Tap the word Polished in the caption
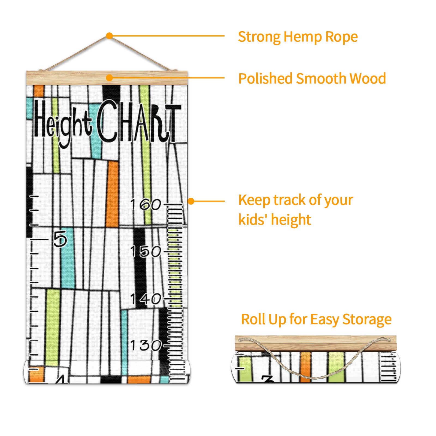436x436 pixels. pos(265,79)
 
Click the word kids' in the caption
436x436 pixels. pos(254,220)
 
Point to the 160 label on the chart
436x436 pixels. pos(146,204)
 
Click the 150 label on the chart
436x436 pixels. pos(146,251)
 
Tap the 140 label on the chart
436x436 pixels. pos(146,299)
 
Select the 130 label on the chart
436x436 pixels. pos(146,345)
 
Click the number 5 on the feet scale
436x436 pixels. pos(60,239)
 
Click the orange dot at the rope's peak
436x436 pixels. pos(110,36)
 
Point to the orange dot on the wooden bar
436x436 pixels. pos(110,78)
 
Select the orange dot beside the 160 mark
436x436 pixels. pos(191,201)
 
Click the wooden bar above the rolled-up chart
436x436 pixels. pos(316,343)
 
